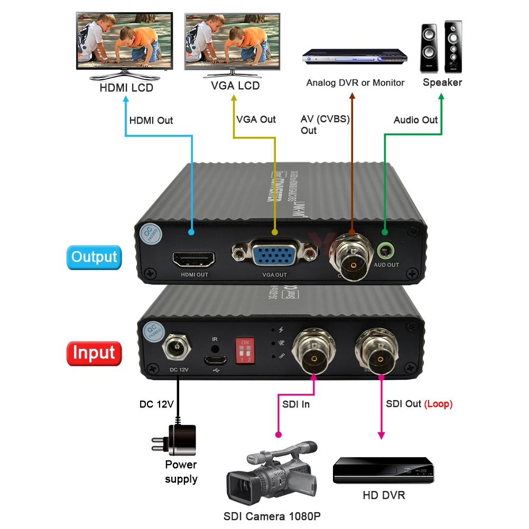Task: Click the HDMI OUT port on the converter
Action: point(193,259)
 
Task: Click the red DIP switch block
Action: point(245,352)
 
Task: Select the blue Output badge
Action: point(94,257)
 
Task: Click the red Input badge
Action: point(94,352)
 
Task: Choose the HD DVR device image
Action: point(383,470)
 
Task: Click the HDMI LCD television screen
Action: point(125,39)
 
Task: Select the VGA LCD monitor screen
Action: point(232,39)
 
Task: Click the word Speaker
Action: point(442,82)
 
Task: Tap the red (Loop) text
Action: point(438,404)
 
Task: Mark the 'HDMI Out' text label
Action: point(151,120)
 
